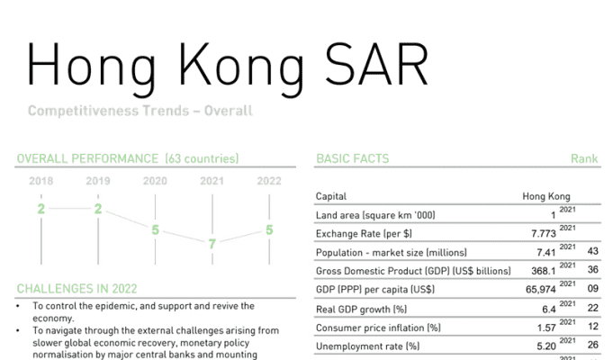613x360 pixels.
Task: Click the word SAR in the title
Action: point(377,65)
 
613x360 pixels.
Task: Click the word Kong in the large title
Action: point(241,68)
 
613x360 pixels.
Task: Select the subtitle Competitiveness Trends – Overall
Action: point(140,111)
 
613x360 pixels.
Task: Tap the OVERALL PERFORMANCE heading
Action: point(87,158)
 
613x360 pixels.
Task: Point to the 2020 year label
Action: point(155,181)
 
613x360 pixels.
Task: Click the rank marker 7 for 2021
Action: point(212,244)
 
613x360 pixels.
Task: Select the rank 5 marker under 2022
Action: point(269,229)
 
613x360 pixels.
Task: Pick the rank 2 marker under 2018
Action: point(41,209)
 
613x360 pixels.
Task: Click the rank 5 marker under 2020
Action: point(155,229)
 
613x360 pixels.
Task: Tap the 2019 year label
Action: point(98,181)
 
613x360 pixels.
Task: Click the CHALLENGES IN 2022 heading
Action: point(77,289)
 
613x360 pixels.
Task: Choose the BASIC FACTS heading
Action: point(353,158)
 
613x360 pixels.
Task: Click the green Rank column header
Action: point(584,158)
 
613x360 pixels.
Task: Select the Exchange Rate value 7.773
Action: point(544,234)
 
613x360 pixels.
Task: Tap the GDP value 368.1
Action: point(544,271)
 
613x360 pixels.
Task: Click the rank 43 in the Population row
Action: point(592,251)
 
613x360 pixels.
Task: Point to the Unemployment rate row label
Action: point(367,346)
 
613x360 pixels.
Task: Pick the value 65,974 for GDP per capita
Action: point(541,290)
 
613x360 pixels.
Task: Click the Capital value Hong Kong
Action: point(546,196)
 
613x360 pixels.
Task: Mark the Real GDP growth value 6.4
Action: point(549,310)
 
